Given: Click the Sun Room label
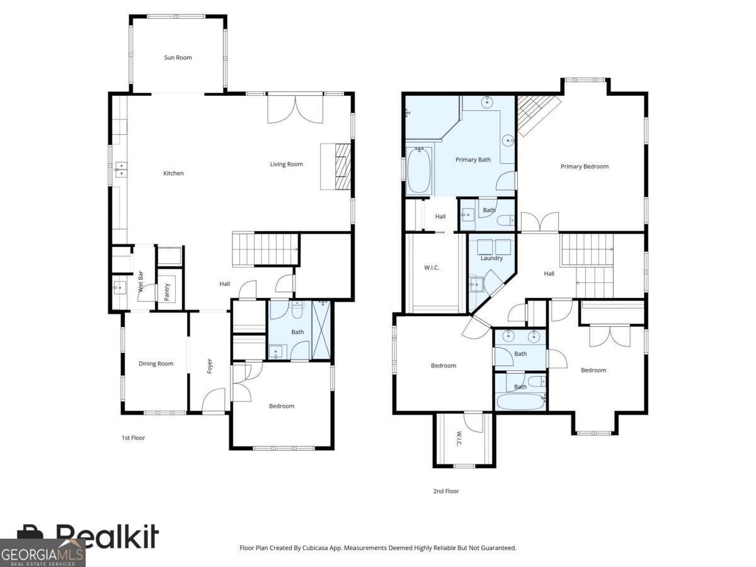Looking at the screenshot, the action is tap(178, 57).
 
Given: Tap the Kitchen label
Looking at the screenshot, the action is tap(173, 173).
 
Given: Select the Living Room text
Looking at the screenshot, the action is tap(286, 164).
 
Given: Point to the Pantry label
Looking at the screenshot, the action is tap(167, 292).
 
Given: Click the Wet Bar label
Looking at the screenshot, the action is tap(140, 282).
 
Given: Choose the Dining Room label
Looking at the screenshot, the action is tap(156, 364).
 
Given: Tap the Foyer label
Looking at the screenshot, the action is tap(210, 366).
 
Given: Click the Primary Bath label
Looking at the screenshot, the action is tap(473, 160).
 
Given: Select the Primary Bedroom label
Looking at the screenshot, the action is tap(585, 166).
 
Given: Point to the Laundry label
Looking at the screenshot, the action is tap(491, 258).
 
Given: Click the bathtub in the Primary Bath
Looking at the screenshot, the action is tap(419, 170).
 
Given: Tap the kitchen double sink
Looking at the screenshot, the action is tap(120, 169).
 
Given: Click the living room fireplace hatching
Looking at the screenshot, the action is tap(343, 166).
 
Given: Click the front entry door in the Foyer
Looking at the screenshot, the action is tap(213, 400).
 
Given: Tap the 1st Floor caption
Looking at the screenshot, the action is tap(134, 438).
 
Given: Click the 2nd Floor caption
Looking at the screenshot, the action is tap(446, 491).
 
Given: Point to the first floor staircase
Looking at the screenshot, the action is tap(265, 249).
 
